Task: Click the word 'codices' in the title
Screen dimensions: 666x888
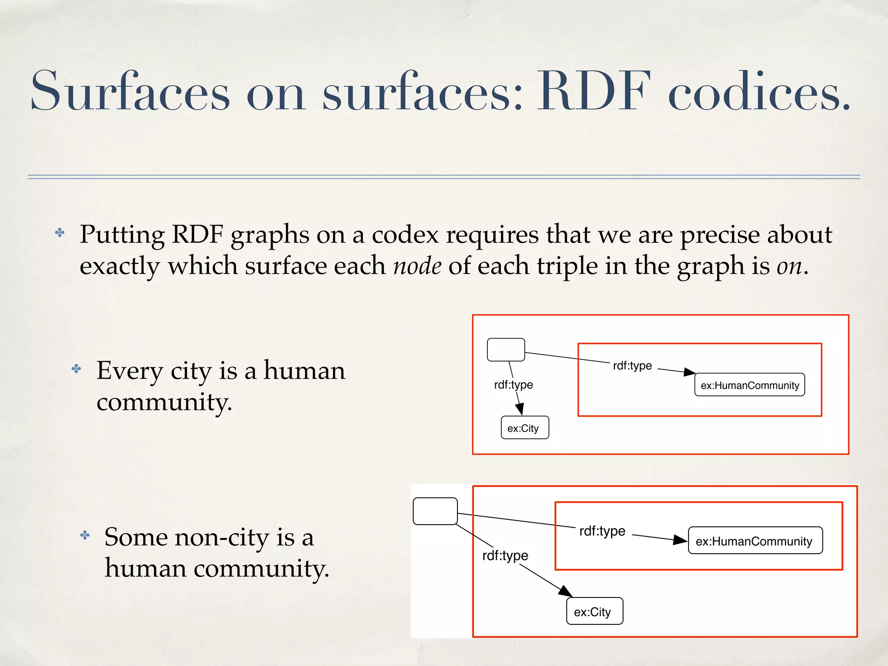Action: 759,92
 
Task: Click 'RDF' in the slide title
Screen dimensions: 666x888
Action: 594,92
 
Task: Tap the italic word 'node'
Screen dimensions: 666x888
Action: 417,266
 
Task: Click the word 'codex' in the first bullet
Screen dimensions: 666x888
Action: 405,235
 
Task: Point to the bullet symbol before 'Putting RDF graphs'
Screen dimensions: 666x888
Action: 60,233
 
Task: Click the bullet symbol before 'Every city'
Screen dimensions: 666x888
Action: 76,369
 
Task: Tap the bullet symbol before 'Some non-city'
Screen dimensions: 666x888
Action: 85,535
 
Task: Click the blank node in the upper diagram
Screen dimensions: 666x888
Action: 506,349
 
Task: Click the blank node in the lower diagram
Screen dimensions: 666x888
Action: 435,511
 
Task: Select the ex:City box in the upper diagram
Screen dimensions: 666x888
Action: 525,428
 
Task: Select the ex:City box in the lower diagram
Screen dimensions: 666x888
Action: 594,611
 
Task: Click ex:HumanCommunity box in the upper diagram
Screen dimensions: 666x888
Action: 749,385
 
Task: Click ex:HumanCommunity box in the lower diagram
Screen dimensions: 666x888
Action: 755,541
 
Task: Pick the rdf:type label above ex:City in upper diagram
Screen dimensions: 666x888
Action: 513,385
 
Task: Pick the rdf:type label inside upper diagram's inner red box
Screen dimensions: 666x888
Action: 632,366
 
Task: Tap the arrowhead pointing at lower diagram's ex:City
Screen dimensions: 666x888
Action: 565,591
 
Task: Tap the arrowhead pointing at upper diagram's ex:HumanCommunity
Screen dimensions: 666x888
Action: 689,372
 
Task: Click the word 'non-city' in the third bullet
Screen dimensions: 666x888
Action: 222,538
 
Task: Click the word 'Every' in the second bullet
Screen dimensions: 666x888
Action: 130,371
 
